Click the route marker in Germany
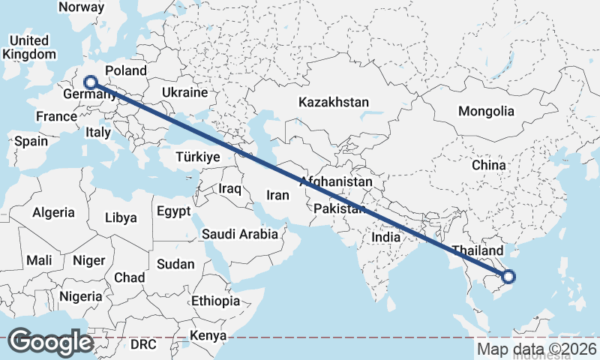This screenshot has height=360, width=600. pos(91,82)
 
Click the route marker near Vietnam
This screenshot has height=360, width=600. pos(508,277)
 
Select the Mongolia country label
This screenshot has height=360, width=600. pos(487,111)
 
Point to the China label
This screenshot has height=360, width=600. pos(490,164)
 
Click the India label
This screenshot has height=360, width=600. pos(386,237)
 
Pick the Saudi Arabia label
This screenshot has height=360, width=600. pos(239,234)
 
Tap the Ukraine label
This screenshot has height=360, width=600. pos(184,92)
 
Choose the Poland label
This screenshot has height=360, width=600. pos(126,70)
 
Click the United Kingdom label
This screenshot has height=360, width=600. pos(28,47)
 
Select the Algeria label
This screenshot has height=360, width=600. pos(53,212)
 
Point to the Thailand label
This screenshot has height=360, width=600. pos(477,250)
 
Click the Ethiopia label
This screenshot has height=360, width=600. pos(215,300)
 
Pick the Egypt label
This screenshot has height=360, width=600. pos(174,211)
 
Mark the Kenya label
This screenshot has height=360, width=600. pos(208,335)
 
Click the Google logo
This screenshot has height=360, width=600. pos(51,342)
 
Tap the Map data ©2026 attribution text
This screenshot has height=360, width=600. pos(537,349)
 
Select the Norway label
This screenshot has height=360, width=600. pos(81,7)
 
